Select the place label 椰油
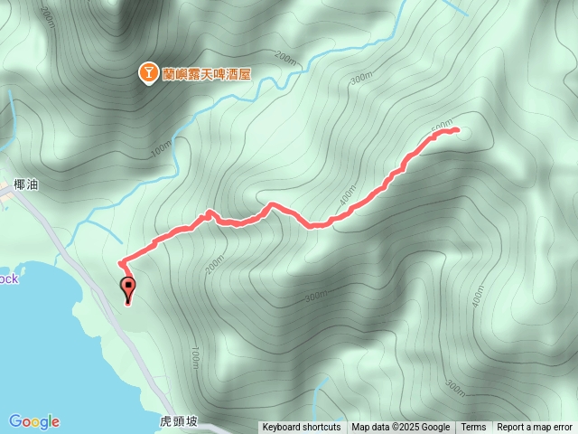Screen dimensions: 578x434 [x=26, y=184]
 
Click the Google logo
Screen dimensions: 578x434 [x=34, y=421]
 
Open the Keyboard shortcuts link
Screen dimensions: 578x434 [x=301, y=428]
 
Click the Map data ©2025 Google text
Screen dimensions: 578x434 [x=400, y=428]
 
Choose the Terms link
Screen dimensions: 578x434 [x=473, y=428]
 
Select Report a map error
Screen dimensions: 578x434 [x=534, y=428]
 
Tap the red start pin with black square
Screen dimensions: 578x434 [x=128, y=289]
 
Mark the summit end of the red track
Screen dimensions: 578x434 [x=457, y=130]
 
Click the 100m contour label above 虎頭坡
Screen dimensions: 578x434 [x=195, y=357]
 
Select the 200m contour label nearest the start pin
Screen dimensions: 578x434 [x=213, y=261]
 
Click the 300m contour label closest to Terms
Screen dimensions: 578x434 [x=455, y=386]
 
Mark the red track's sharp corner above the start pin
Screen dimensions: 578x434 [x=121, y=262]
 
